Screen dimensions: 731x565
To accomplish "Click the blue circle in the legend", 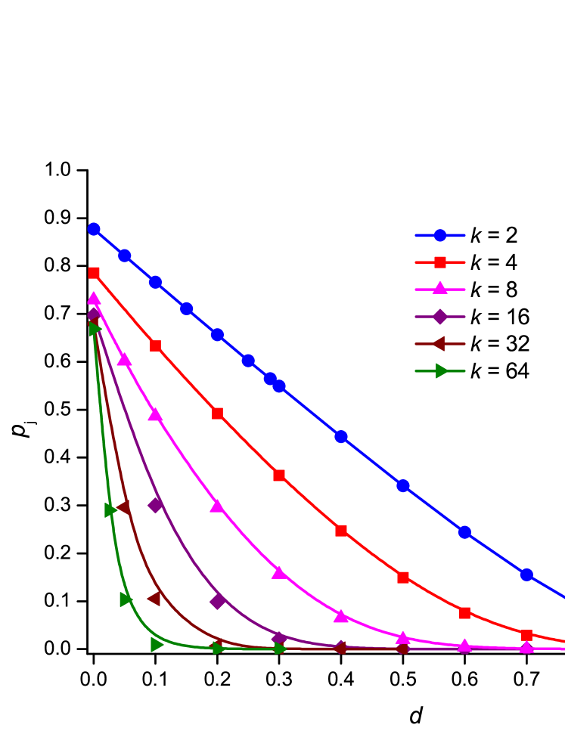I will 440,235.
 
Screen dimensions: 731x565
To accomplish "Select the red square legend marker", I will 440,262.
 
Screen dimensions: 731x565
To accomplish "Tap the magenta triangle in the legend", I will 440,288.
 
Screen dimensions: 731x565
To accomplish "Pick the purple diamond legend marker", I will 440,316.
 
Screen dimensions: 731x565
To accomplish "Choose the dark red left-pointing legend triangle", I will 439,343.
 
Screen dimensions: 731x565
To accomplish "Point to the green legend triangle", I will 442,370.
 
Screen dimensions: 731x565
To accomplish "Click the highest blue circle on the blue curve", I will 94,228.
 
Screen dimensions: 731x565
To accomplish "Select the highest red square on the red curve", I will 94,273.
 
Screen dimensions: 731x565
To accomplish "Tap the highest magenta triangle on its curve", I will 94,298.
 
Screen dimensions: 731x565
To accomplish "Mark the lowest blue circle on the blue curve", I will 526,575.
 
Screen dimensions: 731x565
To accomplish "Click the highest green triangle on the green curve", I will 95,328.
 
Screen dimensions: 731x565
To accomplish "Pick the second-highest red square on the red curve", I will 155,345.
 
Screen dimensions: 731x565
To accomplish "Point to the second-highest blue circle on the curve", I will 125,256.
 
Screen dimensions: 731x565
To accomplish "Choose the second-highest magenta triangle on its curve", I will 125,359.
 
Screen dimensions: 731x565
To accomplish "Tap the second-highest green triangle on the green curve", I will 110,510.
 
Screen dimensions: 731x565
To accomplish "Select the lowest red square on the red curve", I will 526,635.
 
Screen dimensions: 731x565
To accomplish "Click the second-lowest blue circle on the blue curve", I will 464,532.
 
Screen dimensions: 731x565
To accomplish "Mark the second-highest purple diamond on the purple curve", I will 155,504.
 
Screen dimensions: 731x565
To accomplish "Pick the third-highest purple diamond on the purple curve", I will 218,601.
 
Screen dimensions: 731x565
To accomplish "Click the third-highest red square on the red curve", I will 217,414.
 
